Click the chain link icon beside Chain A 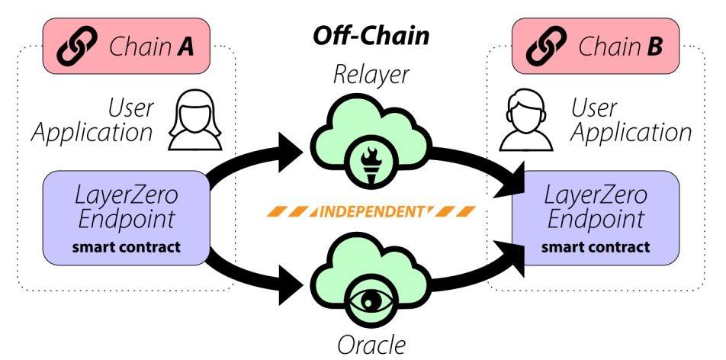coord(79,46)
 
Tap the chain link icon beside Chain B coord(546,46)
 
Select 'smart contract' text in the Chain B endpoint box coord(596,246)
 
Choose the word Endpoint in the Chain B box coord(596,220)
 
